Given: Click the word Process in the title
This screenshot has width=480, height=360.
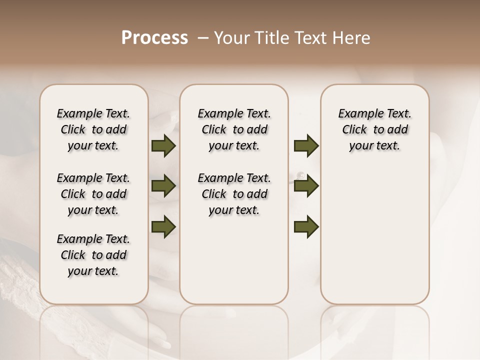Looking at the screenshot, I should click(154, 38).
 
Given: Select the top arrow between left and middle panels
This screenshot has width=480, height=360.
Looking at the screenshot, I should click(163, 146).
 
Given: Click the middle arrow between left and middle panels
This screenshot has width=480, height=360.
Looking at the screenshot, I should click(163, 186).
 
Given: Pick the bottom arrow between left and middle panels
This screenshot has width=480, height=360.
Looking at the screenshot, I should click(163, 226).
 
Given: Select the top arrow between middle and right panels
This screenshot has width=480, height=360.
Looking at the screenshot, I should click(306, 146).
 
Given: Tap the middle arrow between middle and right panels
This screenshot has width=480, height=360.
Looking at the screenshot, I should click(306, 186).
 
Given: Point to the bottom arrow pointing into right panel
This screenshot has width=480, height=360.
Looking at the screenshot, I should click(306, 227).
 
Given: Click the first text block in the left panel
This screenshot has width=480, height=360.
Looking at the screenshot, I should click(93, 129).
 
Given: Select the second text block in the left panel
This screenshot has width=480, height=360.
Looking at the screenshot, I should click(93, 194).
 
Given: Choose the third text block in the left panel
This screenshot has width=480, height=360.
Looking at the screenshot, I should click(93, 255).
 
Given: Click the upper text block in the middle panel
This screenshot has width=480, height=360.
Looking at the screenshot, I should click(234, 129).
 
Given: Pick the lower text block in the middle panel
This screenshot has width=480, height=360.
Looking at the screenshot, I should click(234, 194).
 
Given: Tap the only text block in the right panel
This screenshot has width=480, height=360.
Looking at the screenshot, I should click(375, 129).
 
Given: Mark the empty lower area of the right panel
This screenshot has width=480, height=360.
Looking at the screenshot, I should click(375, 235).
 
